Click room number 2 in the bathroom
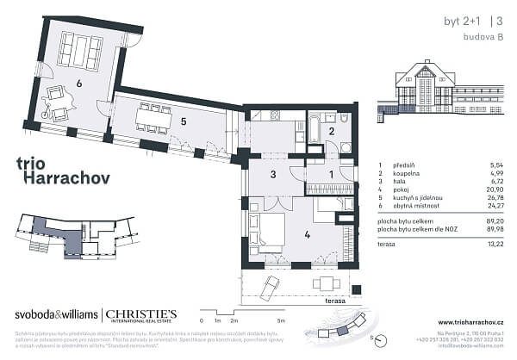[332, 131]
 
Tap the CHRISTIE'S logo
[141, 314]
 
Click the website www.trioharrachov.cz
[463, 322]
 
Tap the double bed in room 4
[268, 228]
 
